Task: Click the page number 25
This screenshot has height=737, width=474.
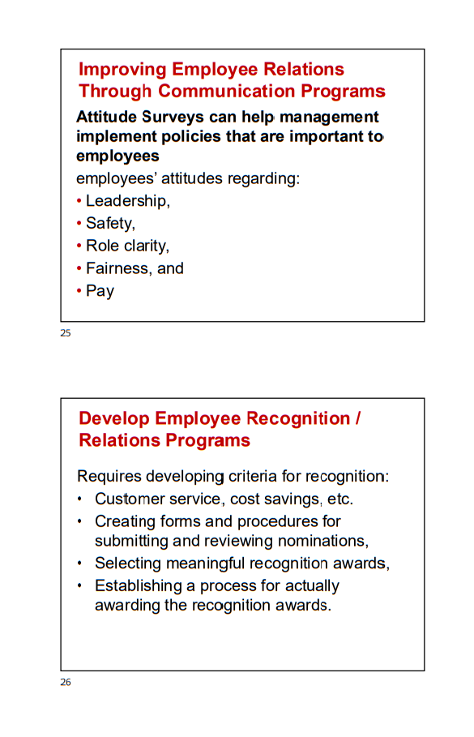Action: pyautogui.click(x=66, y=333)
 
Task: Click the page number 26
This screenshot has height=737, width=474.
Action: pyautogui.click(x=66, y=683)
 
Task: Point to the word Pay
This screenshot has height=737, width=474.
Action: pyautogui.click(x=100, y=291)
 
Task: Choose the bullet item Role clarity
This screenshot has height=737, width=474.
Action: pyautogui.click(x=127, y=246)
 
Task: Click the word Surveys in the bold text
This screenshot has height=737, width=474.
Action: pyautogui.click(x=169, y=118)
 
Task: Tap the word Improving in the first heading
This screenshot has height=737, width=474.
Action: pyautogui.click(x=122, y=70)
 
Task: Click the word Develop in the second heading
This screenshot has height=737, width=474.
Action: pyautogui.click(x=113, y=419)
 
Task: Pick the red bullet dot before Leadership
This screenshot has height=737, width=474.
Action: pyautogui.click(x=79, y=201)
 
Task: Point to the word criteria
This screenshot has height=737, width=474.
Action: pyautogui.click(x=253, y=477)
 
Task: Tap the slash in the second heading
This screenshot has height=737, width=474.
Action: pyautogui.click(x=357, y=419)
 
